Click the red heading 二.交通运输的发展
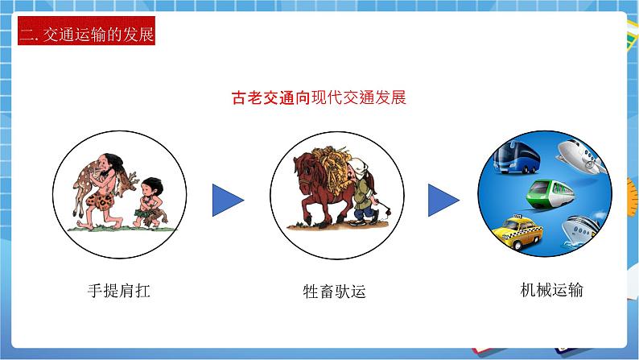[x=85, y=35]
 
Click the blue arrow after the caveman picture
[x=228, y=200]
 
